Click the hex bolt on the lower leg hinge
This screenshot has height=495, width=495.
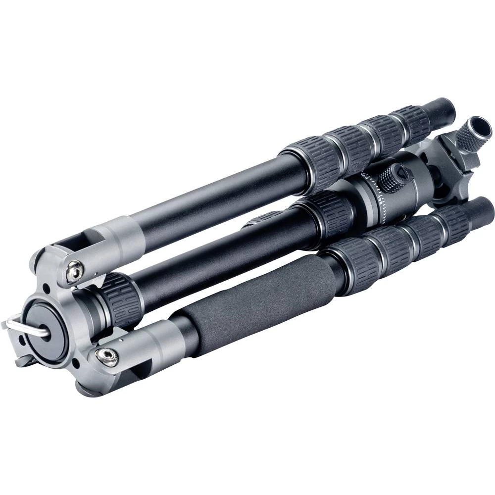click(106, 355)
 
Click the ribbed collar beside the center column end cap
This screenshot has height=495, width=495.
click(119, 300)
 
